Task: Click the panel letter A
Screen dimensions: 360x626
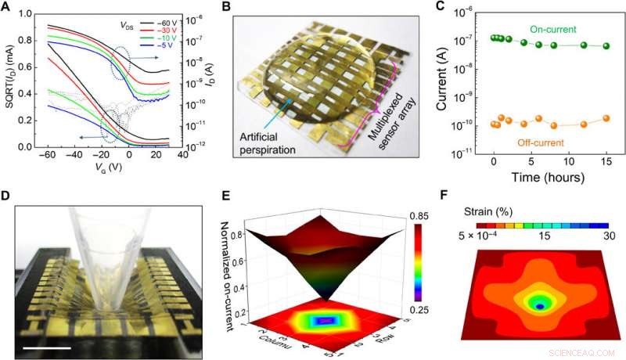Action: tap(7, 7)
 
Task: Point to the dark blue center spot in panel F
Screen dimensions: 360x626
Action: tap(539, 308)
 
